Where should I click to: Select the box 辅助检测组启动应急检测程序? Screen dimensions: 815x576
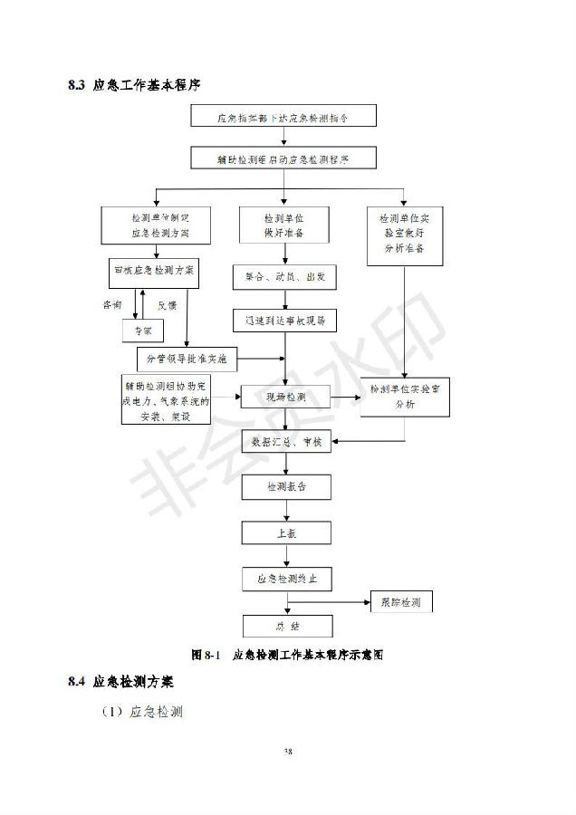click(283, 158)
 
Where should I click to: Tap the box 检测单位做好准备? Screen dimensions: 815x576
click(284, 225)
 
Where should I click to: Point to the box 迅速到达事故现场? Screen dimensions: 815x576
click(284, 321)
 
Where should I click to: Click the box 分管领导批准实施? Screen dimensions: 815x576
click(186, 360)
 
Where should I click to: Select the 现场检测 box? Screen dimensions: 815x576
click(284, 398)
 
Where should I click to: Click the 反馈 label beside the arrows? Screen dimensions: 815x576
click(168, 305)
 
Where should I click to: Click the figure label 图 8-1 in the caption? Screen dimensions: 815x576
click(206, 653)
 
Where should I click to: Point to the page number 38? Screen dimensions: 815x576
click(287, 751)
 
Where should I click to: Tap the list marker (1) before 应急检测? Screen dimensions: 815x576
click(112, 712)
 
